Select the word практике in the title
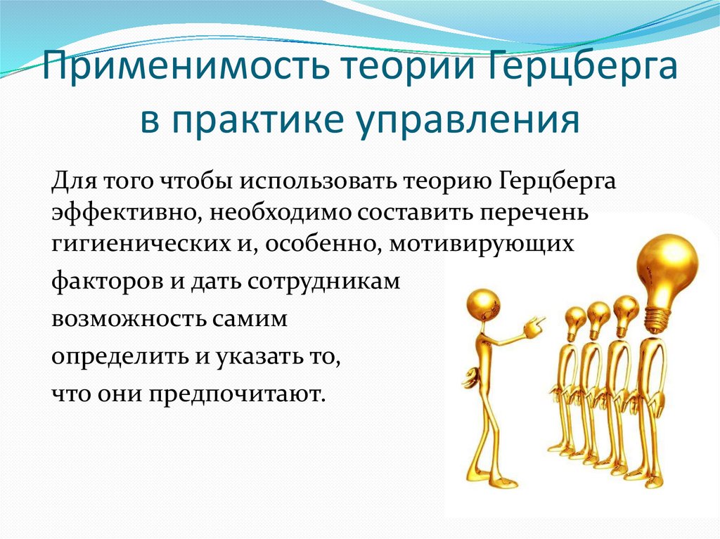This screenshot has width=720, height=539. click(265, 120)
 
